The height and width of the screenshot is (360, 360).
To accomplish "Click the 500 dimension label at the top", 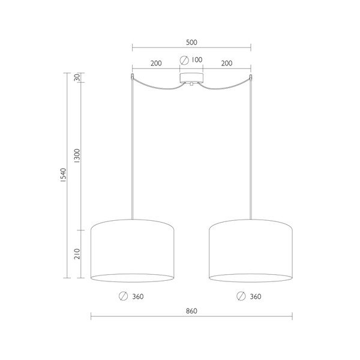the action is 191,42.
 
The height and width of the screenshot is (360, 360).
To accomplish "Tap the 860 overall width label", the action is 191,311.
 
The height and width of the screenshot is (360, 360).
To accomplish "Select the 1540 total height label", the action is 63,175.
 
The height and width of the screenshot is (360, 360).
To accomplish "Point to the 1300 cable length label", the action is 77,155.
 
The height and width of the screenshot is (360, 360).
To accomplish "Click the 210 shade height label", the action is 77,254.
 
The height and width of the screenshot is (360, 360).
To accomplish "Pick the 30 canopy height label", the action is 77,77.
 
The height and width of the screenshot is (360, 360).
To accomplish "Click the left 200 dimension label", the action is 156,63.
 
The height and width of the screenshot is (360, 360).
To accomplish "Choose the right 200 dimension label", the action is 227,63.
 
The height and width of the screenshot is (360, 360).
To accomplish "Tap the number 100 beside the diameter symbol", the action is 197,59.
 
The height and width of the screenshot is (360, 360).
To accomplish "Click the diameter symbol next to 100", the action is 184,60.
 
